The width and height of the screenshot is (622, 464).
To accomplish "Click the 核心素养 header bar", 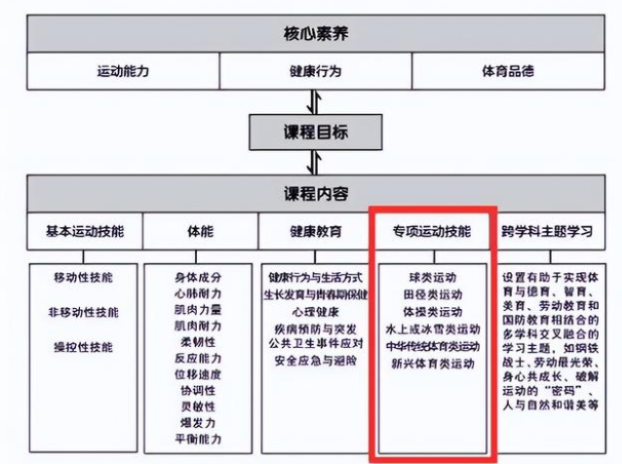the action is [311, 34].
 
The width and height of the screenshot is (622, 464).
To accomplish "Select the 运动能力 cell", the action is [123, 71].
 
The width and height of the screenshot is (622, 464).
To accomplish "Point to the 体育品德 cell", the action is [507, 71].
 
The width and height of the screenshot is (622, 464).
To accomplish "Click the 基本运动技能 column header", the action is [85, 232].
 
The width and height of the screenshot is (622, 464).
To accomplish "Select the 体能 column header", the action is [200, 232].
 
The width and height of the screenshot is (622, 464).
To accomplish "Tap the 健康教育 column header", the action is [315, 232].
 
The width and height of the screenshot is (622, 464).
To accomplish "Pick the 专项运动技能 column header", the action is [432, 232].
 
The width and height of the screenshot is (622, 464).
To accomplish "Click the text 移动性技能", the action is [85, 278].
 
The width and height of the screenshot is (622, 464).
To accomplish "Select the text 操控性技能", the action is [85, 346].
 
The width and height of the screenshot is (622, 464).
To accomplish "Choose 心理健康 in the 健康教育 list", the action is [315, 311].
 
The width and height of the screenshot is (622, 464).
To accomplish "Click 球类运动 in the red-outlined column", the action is [432, 277].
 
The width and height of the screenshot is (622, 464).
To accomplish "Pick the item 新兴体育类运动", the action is [432, 364].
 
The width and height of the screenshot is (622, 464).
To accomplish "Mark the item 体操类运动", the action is [432, 312].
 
